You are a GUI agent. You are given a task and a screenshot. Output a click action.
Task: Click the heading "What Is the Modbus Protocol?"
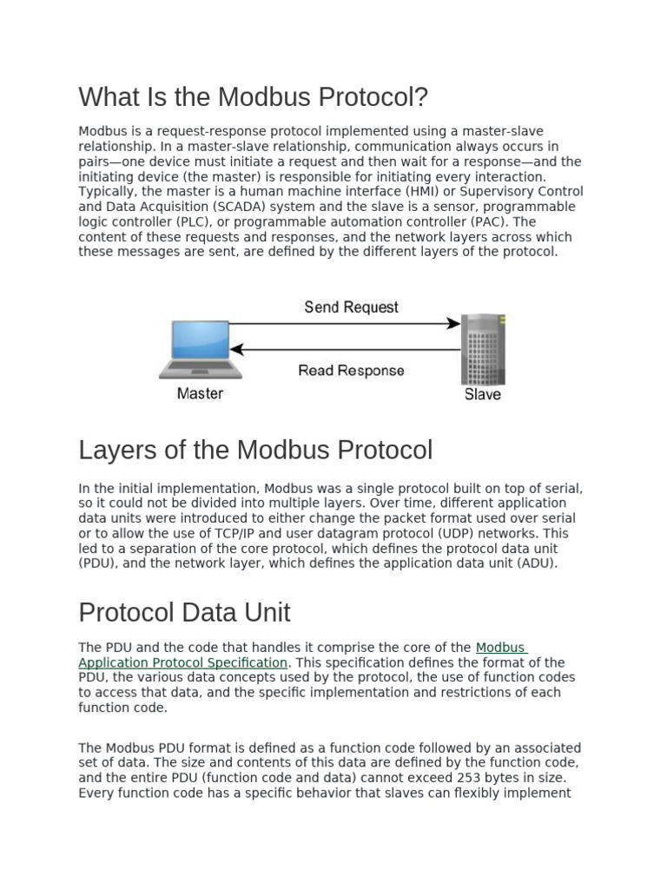[254, 97]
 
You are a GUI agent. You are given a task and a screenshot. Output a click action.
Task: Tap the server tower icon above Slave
[482, 349]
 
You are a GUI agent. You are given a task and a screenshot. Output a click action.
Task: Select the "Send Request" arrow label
[351, 307]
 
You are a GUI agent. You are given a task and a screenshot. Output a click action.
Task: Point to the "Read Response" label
[351, 371]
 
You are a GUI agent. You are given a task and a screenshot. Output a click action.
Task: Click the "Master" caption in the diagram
[200, 393]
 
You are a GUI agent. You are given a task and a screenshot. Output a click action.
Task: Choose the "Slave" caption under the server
[482, 394]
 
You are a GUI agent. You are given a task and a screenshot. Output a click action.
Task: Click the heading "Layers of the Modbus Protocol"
[255, 451]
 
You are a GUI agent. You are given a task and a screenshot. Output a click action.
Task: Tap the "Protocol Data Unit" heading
[184, 612]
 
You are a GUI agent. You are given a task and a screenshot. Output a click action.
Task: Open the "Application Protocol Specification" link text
[182, 662]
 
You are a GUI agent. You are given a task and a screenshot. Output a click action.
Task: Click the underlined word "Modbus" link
[500, 648]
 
